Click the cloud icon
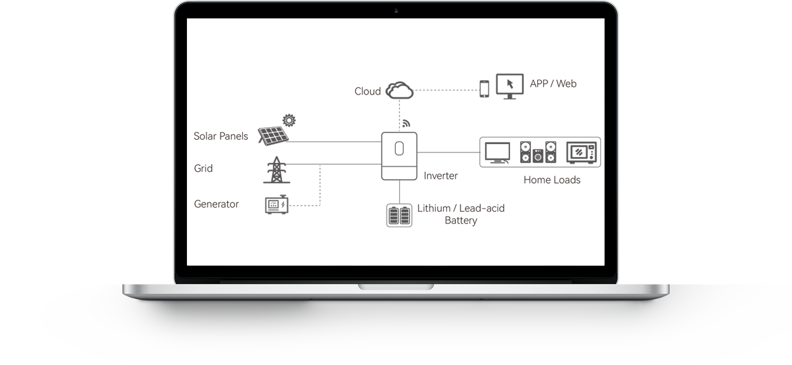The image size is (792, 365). click(x=399, y=91)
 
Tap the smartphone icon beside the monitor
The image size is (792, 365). click(x=484, y=89)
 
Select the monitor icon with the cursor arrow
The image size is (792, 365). click(x=510, y=87)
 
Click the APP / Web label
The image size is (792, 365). click(x=553, y=84)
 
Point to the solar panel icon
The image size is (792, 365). click(x=273, y=135)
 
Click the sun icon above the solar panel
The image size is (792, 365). click(x=289, y=120)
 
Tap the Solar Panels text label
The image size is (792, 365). click(x=221, y=136)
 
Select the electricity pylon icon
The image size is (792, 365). click(x=276, y=170)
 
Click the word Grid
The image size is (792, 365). click(x=203, y=169)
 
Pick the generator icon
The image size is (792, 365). click(x=276, y=204)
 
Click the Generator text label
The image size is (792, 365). click(x=216, y=204)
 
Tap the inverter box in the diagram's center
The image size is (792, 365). click(x=399, y=156)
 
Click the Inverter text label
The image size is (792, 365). click(x=440, y=176)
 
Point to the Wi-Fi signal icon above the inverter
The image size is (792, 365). click(x=406, y=124)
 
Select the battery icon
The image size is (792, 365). click(x=399, y=215)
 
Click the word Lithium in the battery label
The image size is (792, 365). click(x=434, y=208)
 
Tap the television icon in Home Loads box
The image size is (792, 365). click(x=498, y=153)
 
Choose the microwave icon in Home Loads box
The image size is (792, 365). click(x=582, y=153)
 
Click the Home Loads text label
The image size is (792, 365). click(x=552, y=180)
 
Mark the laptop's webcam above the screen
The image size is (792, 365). click(x=396, y=10)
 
